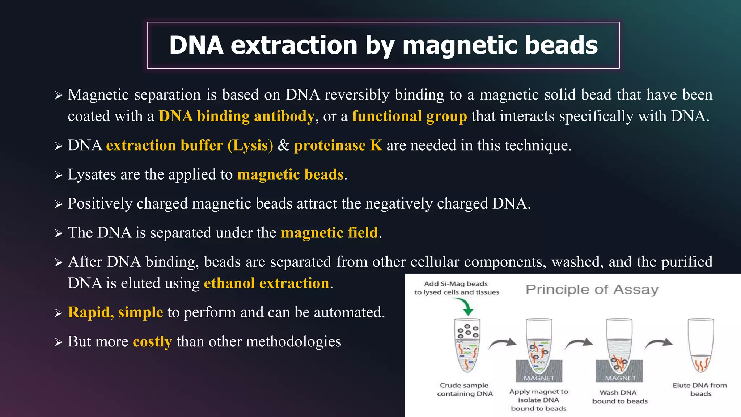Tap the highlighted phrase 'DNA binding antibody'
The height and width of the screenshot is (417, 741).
tap(236, 116)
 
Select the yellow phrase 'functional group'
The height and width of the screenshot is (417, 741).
tap(409, 116)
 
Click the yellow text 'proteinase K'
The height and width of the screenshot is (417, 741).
tap(338, 146)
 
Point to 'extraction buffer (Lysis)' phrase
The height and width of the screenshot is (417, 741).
tap(189, 146)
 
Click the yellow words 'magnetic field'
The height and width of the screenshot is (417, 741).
tap(329, 233)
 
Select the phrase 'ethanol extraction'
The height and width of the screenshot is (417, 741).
tap(267, 283)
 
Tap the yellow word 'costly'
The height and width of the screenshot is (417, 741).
tap(152, 342)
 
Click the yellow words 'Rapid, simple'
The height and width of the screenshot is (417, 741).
tap(115, 312)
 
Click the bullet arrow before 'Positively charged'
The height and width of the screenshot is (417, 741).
tap(59, 205)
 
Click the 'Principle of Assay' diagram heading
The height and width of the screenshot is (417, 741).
tap(592, 290)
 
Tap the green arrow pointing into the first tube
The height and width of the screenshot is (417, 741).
tap(467, 308)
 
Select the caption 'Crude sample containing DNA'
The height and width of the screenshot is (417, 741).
tap(465, 389)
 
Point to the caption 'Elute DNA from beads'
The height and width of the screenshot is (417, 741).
tap(700, 389)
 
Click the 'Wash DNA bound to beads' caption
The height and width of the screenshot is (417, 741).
tap(619, 397)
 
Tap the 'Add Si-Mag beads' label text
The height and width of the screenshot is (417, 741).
tap(456, 284)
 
